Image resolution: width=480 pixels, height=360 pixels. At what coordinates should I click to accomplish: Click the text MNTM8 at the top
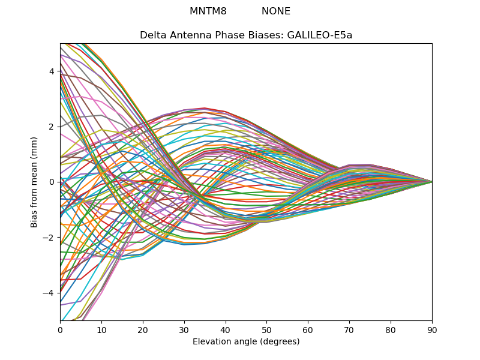tap(208, 11)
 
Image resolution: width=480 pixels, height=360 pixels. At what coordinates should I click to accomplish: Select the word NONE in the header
tap(276, 11)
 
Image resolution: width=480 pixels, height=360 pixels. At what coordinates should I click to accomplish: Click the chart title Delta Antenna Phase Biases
tap(212, 35)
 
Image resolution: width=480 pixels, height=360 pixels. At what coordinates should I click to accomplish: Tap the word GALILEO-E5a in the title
tap(319, 35)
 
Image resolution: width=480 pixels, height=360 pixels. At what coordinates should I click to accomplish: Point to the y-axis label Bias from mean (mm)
tap(34, 182)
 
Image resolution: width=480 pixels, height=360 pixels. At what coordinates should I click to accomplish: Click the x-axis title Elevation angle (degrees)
tap(246, 341)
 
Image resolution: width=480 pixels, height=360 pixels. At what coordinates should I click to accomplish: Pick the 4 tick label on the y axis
tap(52, 71)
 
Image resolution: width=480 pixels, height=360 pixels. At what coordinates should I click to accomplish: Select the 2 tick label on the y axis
tap(52, 127)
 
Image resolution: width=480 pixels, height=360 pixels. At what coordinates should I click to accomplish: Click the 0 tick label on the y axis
tap(52, 182)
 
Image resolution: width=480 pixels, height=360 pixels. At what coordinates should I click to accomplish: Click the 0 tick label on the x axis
tap(61, 331)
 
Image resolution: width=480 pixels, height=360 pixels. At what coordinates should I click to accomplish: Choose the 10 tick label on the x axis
tap(101, 331)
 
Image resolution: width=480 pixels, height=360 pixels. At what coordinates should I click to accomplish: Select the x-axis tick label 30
tap(184, 331)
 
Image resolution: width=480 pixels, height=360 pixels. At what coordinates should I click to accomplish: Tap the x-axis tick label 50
tap(266, 331)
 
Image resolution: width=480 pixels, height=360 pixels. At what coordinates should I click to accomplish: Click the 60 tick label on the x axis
tap(308, 331)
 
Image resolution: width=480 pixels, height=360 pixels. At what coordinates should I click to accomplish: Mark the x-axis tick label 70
tap(349, 331)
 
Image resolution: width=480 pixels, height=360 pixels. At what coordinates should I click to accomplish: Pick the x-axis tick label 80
tap(391, 331)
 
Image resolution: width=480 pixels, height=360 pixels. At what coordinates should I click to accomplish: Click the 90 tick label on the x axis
tap(432, 331)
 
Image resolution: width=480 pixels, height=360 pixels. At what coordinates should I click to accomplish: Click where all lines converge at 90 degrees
tap(432, 182)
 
